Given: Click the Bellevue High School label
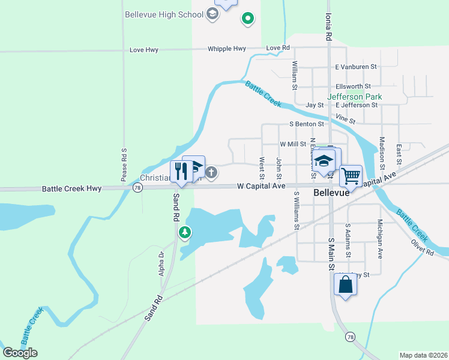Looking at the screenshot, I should pyautogui.click(x=164, y=14).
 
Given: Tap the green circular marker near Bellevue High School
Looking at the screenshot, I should pyautogui.click(x=247, y=19).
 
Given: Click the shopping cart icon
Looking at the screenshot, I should pyautogui.click(x=351, y=176).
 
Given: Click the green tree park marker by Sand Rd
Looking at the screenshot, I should pyautogui.click(x=185, y=232).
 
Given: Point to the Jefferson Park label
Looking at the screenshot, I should pyautogui.click(x=354, y=96).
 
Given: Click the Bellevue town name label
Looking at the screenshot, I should pyautogui.click(x=331, y=194).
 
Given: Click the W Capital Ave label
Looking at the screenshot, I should pyautogui.click(x=261, y=186).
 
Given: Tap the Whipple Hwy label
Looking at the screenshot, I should pyautogui.click(x=227, y=49).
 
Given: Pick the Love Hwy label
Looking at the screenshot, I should pyautogui.click(x=144, y=50).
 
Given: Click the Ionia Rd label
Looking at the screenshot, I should pyautogui.click(x=328, y=28).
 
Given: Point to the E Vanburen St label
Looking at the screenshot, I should pyautogui.click(x=356, y=67).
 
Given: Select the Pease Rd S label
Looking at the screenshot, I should pyautogui.click(x=124, y=164).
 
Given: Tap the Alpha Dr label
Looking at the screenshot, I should pyautogui.click(x=160, y=263).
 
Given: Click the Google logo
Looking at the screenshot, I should pyautogui.click(x=20, y=353).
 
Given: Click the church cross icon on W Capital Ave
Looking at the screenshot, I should pyautogui.click(x=211, y=173).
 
